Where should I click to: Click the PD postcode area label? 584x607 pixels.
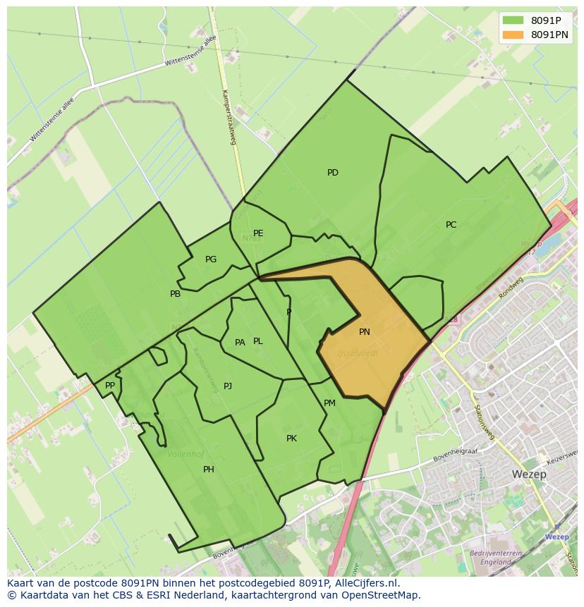tap(333, 173)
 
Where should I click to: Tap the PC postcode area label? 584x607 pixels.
tap(451, 225)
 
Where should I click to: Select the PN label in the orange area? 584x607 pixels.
tap(364, 332)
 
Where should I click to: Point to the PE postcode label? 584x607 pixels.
tap(258, 233)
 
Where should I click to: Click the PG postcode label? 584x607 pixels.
tap(211, 259)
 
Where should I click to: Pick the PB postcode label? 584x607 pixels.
tap(175, 294)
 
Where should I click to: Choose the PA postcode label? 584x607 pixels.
tap(240, 343)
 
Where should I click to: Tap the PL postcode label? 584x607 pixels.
tap(258, 341)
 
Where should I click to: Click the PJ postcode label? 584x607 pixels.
tap(228, 386)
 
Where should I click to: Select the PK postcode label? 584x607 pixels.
tap(291, 439)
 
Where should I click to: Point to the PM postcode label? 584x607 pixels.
tap(329, 403)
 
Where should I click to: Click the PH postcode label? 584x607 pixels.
tap(209, 470)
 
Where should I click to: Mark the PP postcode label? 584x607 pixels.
tap(110, 386)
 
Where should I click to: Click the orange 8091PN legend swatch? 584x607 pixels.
tap(513, 35)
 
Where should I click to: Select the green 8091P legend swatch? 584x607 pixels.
tap(513, 20)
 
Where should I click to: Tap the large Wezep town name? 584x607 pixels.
tap(530, 474)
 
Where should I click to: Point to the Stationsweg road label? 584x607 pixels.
tap(485, 422)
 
